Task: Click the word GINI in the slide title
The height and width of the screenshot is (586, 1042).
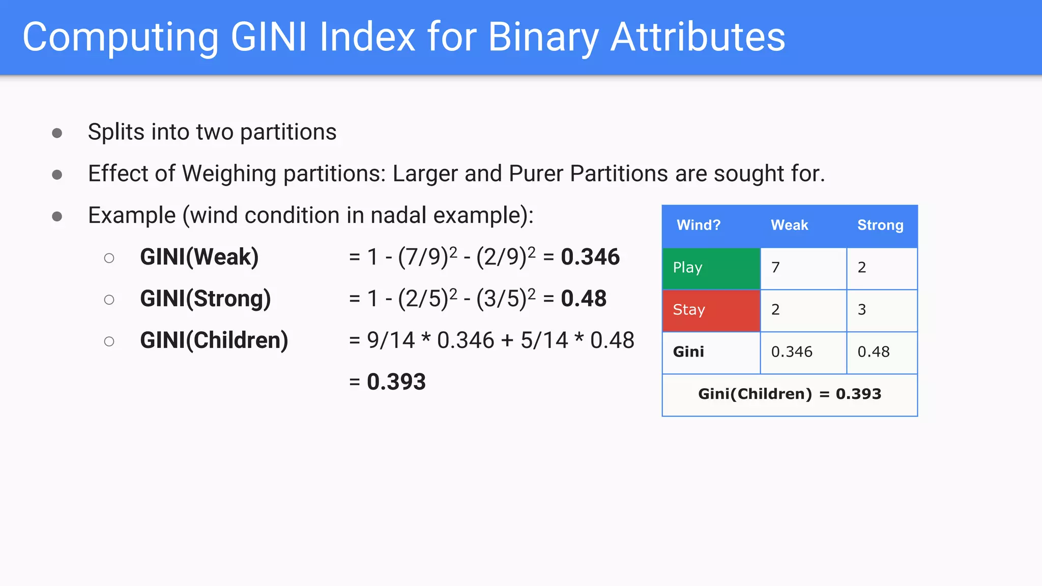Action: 269,37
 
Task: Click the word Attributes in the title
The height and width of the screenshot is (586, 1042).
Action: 698,37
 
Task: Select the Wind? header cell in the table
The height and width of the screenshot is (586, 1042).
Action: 698,225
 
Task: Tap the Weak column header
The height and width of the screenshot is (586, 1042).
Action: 789,225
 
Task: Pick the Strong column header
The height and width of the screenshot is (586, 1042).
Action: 880,225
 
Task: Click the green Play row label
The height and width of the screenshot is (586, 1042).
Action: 711,268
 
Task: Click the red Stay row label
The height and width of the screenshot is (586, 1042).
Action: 711,310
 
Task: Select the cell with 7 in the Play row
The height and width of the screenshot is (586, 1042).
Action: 803,268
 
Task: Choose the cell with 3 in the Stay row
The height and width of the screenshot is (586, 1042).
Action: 881,310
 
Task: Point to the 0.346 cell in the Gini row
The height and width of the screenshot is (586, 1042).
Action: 803,352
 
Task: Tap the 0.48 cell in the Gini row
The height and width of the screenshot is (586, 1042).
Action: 881,352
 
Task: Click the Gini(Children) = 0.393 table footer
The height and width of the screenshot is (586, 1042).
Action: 789,394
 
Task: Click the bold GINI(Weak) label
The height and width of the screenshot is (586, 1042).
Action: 199,257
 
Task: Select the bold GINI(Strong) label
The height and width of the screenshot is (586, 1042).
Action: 205,299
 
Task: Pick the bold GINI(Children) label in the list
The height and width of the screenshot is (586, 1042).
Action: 214,340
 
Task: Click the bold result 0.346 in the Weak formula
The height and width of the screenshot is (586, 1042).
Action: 590,257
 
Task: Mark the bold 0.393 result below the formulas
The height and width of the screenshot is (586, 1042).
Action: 396,382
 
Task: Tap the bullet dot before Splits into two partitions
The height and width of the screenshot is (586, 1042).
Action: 57,133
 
